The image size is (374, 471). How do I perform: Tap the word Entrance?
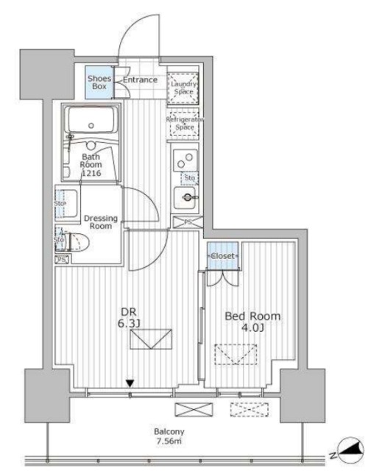point(140,80)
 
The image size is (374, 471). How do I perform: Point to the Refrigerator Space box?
point(184,123)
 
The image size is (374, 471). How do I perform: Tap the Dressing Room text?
point(97,222)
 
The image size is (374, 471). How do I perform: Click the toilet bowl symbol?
point(66,241)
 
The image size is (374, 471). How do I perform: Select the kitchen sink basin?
point(186,197)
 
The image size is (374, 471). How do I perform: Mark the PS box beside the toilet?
point(61,259)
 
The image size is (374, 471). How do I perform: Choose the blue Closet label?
point(222,255)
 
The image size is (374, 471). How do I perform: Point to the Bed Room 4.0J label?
point(252,322)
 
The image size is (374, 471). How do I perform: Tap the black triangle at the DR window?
point(130,382)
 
